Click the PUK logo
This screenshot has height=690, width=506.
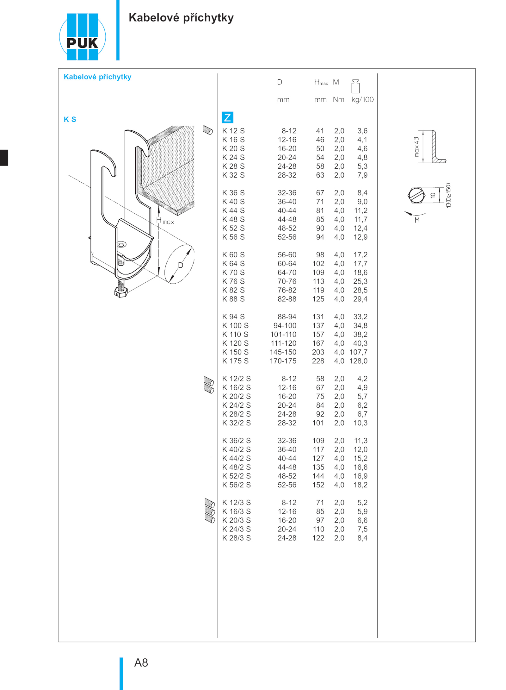point(83,37)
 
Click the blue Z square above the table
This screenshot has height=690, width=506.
point(227,117)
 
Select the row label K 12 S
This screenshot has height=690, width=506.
point(233,131)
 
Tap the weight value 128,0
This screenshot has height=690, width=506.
point(358,361)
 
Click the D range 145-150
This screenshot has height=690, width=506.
point(283,352)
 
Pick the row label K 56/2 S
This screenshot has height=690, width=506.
point(237,485)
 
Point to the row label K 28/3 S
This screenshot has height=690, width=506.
point(237,538)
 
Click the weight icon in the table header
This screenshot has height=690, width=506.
point(355,86)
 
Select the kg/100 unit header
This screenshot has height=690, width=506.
point(362,100)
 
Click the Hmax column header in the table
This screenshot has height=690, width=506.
point(321,83)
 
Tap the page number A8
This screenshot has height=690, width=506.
point(141,662)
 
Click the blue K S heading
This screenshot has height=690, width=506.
point(70,119)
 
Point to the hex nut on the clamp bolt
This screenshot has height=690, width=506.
point(121,292)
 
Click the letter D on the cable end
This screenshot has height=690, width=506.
point(181,265)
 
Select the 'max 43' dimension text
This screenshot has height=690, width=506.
point(417,147)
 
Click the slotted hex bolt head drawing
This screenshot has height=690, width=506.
point(417,195)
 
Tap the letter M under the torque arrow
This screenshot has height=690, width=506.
point(417,220)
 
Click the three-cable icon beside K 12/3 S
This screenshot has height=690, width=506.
point(210,510)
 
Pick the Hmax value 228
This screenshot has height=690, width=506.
point(318,361)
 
